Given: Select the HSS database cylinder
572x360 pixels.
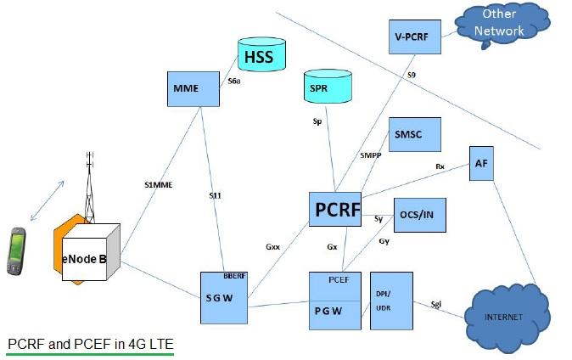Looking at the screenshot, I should click(261, 56).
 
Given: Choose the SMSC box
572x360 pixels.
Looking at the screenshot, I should click(414, 135).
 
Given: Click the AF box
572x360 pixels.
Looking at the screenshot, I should click(483, 163).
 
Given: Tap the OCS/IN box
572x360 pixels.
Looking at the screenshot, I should click(419, 215).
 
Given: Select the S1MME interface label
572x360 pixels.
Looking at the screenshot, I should click(159, 183).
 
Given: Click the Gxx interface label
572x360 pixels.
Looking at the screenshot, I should click(272, 247).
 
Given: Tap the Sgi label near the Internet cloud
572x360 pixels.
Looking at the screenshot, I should click(436, 303).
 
